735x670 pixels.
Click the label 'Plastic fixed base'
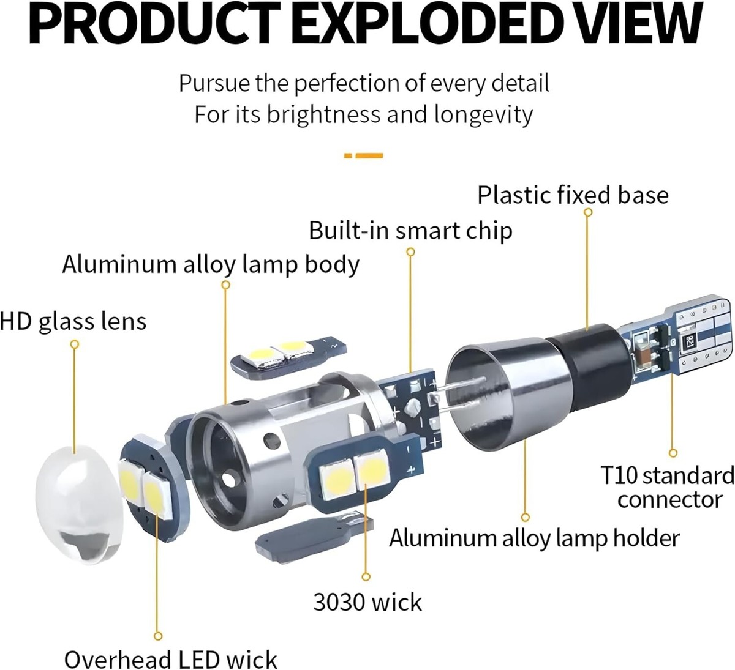[573, 195]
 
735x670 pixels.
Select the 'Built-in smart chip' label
[410, 231]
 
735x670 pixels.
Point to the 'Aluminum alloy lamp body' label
[211, 265]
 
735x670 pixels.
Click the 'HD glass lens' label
[73, 321]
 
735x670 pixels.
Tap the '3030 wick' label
[367, 602]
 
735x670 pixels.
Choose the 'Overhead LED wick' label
[171, 660]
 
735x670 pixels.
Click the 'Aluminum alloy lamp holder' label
[534, 538]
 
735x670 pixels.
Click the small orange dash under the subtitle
[364, 156]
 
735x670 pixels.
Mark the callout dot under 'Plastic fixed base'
[588, 212]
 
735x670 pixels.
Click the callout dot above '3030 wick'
[366, 576]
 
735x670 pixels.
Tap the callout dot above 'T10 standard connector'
[674, 454]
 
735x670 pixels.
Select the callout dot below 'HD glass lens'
[75, 344]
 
